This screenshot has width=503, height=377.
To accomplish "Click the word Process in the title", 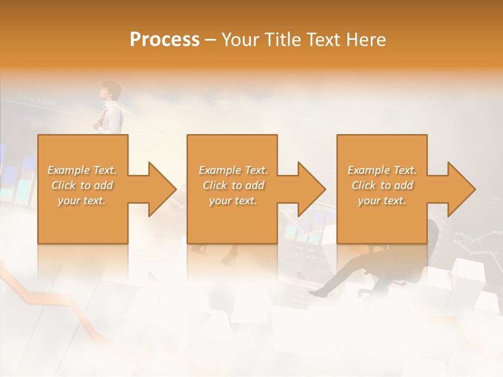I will click(x=165, y=39).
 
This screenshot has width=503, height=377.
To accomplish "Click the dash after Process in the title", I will click(x=210, y=40).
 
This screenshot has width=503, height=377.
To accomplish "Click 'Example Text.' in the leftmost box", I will click(x=82, y=170).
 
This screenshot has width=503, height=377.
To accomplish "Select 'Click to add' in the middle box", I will click(x=233, y=185).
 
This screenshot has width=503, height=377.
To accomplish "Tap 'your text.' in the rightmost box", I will click(x=382, y=201).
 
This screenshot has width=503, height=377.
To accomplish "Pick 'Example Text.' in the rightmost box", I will click(x=382, y=170).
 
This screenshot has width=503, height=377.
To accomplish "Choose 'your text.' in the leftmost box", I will click(x=82, y=201).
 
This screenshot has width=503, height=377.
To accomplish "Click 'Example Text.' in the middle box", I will click(x=233, y=170).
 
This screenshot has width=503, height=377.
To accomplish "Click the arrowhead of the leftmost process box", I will click(x=160, y=189).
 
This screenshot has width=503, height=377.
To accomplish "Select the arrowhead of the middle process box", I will click(x=310, y=189).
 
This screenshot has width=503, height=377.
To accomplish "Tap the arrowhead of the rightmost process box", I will click(x=460, y=189).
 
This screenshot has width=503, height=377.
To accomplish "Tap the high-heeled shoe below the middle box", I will click(x=231, y=257).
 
